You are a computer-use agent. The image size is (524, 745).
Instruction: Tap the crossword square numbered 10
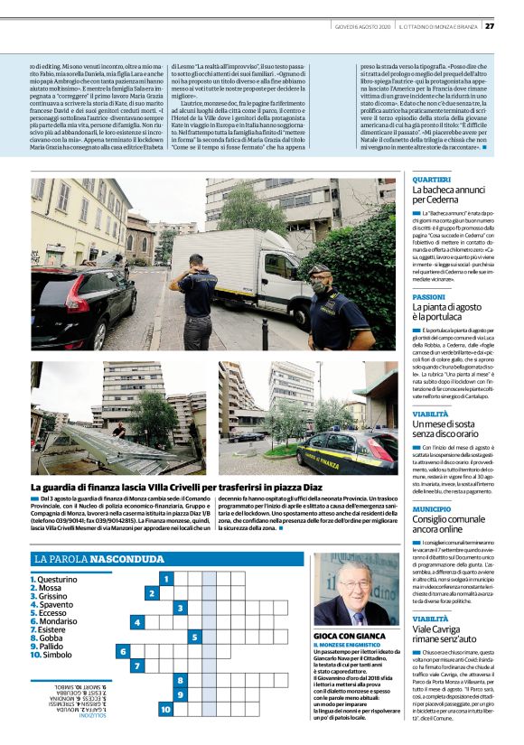pos(166,710)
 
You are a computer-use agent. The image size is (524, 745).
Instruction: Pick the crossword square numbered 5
pos(194,638)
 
